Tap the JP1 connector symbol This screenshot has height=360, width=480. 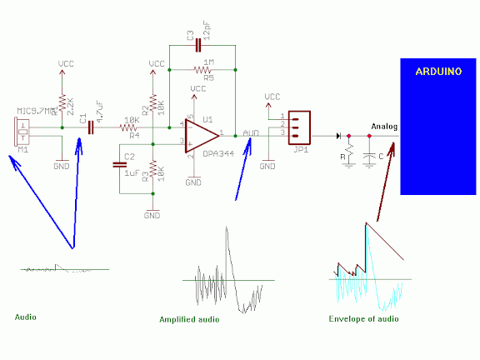point(298,126)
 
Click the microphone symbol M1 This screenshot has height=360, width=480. point(22,131)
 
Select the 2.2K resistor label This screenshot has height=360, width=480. point(72,104)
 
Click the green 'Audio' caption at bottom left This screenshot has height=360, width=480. point(26,317)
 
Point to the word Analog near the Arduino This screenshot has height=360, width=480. point(385,127)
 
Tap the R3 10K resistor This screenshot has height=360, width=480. point(152,174)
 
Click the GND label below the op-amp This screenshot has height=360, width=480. point(193,182)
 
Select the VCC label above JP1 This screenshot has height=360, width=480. point(272,97)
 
